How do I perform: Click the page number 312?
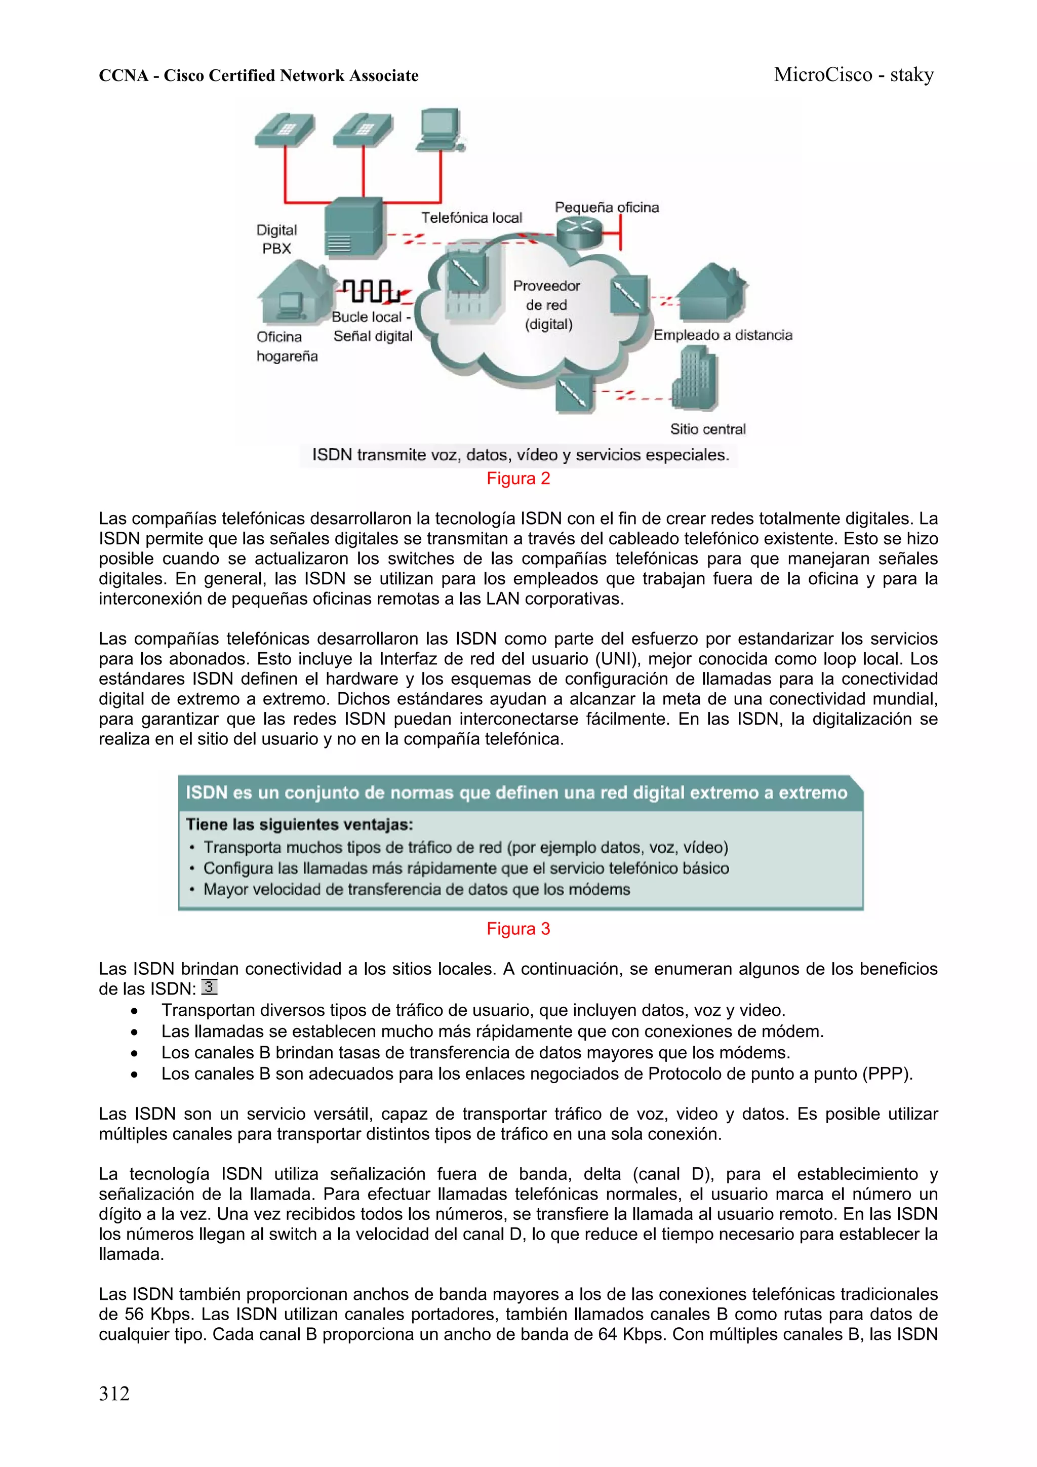tap(114, 1394)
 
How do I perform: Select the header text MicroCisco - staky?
tap(854, 75)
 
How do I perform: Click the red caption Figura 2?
tap(518, 479)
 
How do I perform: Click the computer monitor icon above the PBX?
tap(440, 130)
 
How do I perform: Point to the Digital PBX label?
tap(276, 239)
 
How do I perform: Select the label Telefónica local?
tap(471, 218)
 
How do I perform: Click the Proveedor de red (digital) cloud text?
tap(547, 305)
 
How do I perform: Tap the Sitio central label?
tap(707, 429)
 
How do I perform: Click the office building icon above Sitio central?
tap(695, 378)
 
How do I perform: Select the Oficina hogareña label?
tap(286, 346)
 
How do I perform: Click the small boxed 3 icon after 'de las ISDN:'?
tap(210, 987)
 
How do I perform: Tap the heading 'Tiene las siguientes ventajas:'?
tap(300, 825)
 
